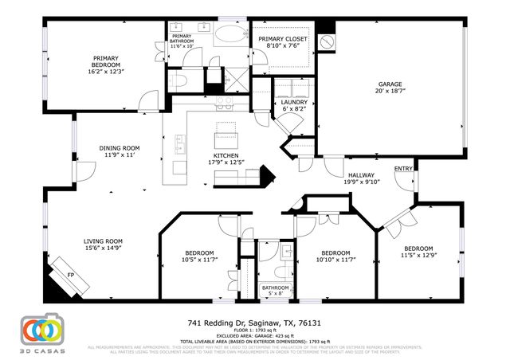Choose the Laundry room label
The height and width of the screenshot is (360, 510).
(288, 103)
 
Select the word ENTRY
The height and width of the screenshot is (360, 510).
(403, 168)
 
